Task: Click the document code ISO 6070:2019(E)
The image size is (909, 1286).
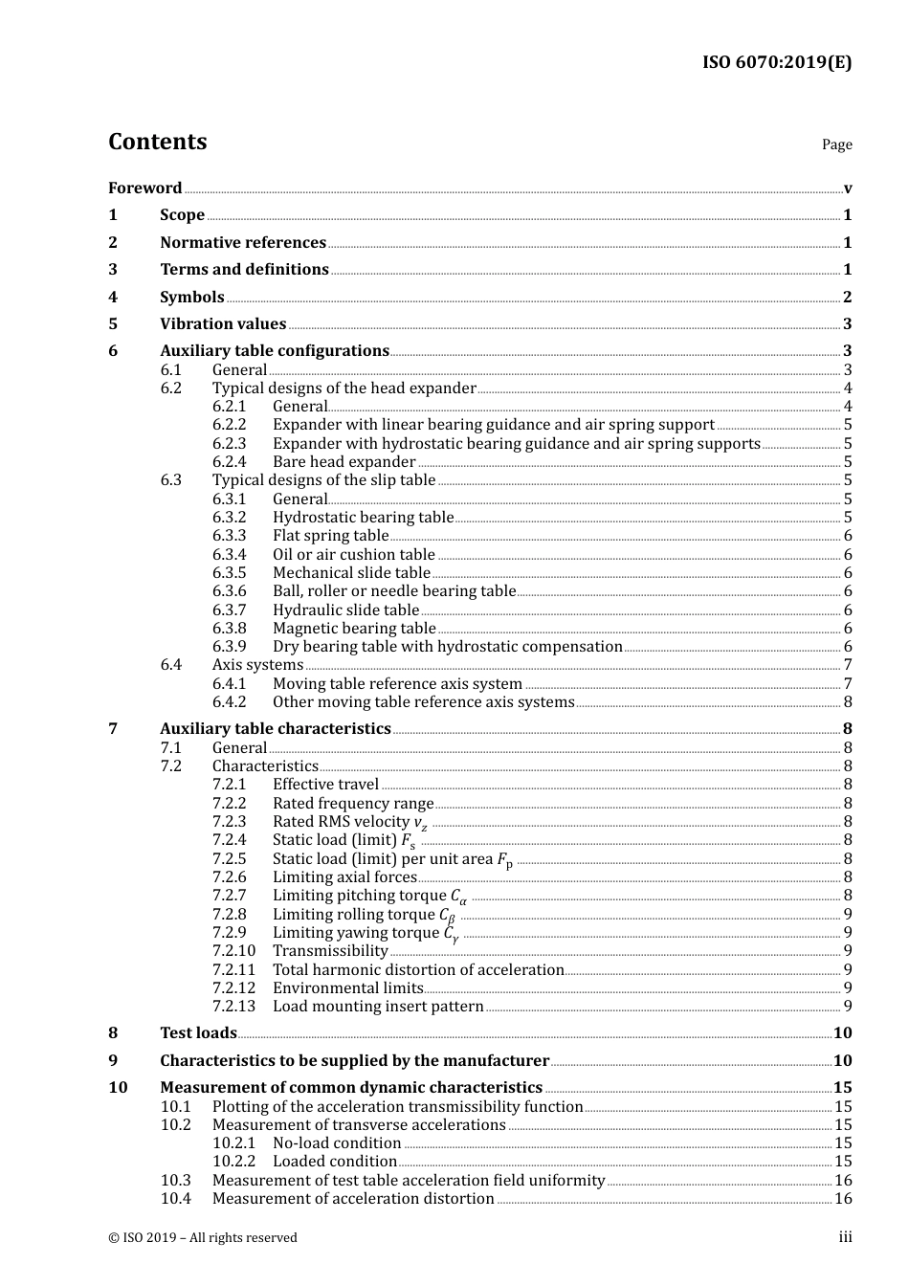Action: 777,62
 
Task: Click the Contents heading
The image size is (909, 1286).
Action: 157,142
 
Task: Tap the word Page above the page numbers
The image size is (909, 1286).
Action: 836,144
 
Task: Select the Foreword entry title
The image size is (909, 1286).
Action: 144,188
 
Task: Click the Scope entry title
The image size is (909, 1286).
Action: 182,215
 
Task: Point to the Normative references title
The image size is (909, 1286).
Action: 243,243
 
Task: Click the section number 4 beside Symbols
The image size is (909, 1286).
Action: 113,298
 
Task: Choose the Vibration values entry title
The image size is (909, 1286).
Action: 223,324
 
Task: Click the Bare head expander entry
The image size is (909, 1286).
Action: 344,462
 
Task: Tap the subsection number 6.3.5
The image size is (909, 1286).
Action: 229,573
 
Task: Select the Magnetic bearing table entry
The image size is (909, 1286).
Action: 354,629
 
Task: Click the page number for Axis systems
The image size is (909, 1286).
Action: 848,665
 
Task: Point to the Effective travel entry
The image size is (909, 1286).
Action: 325,785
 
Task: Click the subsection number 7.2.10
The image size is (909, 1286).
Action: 233,951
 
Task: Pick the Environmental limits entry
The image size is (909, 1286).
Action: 347,988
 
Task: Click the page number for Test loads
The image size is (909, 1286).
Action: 842,1033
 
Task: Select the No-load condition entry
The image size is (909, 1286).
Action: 337,1143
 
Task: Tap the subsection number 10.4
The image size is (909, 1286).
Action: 175,1199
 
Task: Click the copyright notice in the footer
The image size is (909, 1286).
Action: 203,1238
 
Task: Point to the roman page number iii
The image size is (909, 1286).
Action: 846,1237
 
